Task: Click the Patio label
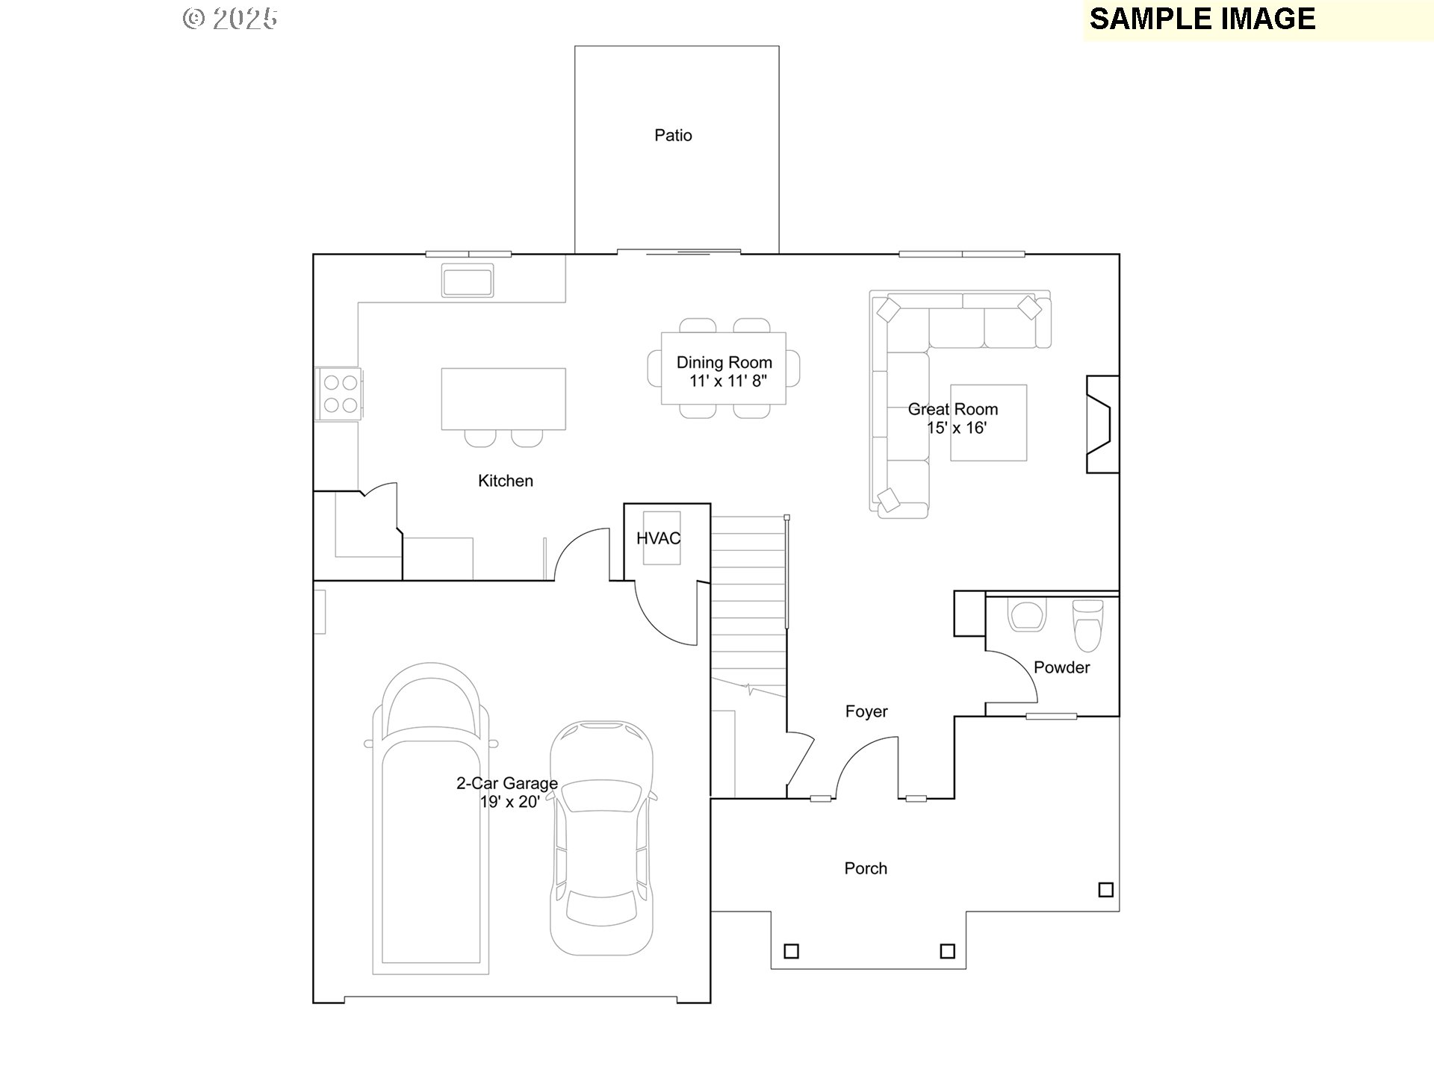(673, 135)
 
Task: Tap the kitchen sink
(467, 281)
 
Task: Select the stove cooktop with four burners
(340, 394)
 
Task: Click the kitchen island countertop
(503, 398)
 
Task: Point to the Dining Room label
(724, 363)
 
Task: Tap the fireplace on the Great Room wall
(1101, 424)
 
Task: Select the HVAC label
(658, 538)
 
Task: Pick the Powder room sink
(1026, 617)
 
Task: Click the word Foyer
(866, 711)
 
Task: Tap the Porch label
(866, 868)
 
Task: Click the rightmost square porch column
(1106, 889)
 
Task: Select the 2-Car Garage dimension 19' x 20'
(509, 803)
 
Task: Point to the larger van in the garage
(430, 821)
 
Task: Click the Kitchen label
(506, 481)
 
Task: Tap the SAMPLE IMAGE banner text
(1202, 19)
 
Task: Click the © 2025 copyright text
(230, 19)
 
